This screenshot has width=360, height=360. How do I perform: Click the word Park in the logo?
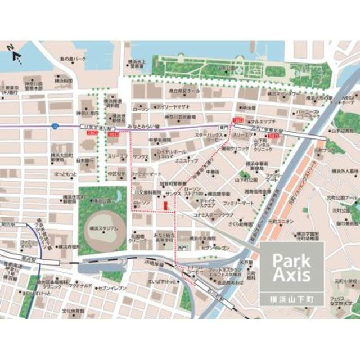[290, 260]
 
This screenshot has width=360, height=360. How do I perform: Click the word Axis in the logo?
[290, 275]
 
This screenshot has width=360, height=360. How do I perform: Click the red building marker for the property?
[164, 206]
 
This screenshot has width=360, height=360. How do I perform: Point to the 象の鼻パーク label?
[74, 58]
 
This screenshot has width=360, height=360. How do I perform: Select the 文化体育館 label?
[73, 310]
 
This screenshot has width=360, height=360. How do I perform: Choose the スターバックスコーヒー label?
[208, 138]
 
